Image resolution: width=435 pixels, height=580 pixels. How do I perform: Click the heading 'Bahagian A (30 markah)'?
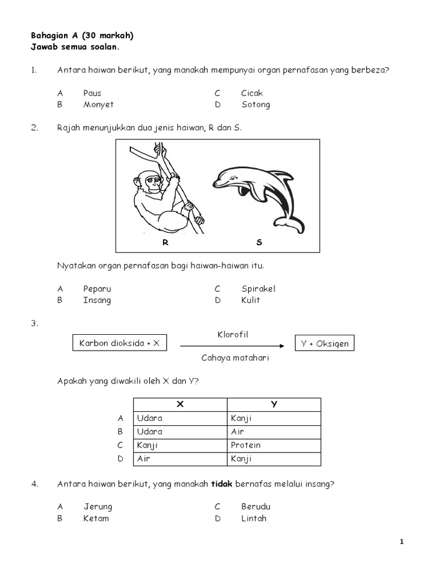[82, 35]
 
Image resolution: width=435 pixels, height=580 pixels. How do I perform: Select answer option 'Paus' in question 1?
[92, 93]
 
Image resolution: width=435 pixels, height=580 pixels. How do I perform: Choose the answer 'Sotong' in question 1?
[255, 105]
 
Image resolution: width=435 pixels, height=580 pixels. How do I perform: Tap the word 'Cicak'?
[251, 93]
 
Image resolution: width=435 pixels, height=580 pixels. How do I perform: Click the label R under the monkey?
[165, 242]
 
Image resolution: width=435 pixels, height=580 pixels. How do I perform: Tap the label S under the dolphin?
[259, 242]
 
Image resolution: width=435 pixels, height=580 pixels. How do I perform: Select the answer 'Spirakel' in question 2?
[258, 289]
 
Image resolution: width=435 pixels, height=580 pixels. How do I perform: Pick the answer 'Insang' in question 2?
[97, 300]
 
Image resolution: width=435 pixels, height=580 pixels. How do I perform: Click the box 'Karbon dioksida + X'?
[120, 343]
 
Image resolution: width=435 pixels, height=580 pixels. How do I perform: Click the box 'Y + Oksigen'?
[325, 343]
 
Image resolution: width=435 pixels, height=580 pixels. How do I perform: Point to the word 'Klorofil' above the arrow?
[233, 335]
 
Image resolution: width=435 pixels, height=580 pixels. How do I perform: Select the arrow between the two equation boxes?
[232, 346]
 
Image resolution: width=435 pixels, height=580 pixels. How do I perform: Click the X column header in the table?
[180, 404]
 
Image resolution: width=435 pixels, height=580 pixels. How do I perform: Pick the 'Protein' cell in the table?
[246, 445]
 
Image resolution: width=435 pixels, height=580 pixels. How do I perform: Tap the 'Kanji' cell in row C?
[147, 445]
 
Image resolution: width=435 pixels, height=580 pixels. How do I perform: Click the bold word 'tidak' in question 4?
[222, 483]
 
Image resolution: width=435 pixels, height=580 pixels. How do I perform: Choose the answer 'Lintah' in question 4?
[253, 518]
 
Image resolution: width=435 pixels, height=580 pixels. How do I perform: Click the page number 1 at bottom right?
[402, 542]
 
